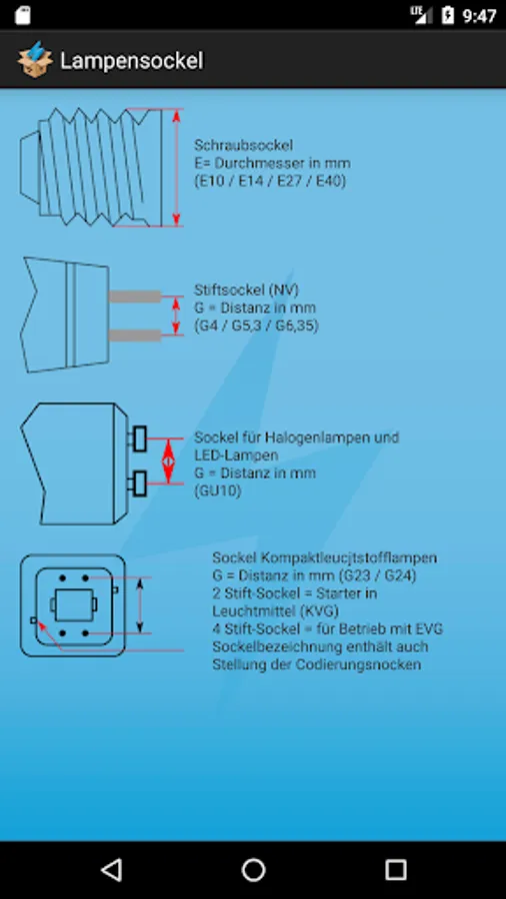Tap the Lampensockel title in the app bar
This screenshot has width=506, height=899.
click(x=131, y=61)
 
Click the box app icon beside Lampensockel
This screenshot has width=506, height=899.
click(x=35, y=60)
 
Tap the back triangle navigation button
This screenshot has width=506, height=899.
click(x=111, y=870)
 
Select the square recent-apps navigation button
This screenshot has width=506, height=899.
click(x=395, y=870)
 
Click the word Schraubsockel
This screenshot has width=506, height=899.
click(x=243, y=146)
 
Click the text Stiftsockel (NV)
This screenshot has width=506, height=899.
click(x=246, y=290)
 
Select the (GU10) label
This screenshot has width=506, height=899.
click(x=217, y=490)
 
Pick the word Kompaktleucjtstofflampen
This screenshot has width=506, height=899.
click(x=349, y=557)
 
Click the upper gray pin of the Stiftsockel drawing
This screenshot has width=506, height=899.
click(x=135, y=297)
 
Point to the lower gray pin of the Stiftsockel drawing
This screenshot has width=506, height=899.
click(x=135, y=336)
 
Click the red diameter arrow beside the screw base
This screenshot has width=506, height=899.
click(x=176, y=168)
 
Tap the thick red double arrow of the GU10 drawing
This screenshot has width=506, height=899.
click(x=168, y=460)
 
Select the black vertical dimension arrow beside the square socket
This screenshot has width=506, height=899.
click(x=140, y=605)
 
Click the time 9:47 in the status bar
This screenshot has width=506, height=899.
click(x=479, y=15)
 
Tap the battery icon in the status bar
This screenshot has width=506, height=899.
click(x=448, y=15)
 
